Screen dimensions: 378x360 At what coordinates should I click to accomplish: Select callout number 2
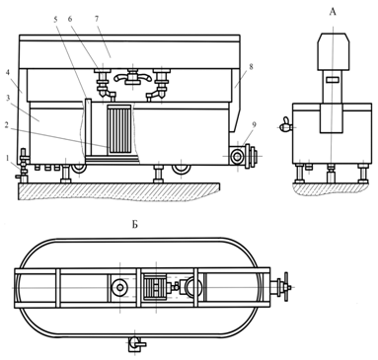click(7, 124)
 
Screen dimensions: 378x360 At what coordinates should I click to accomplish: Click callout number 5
click(55, 19)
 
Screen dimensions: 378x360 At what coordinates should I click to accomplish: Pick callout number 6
click(70, 19)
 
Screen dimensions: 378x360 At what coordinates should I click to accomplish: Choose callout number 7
click(97, 19)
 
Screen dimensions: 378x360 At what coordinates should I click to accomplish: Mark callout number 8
click(252, 66)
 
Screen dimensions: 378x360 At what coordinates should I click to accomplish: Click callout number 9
click(255, 124)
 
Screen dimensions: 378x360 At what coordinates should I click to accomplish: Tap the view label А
click(333, 12)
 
